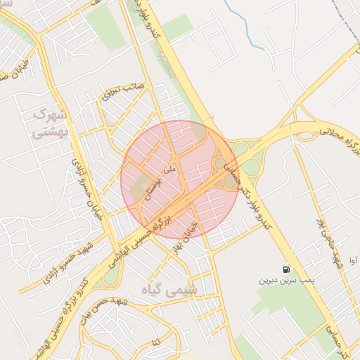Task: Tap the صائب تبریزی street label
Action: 122,94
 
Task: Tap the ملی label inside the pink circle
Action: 168,169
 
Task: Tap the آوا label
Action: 354,259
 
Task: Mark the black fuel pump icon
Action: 285,269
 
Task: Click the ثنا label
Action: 155,342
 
